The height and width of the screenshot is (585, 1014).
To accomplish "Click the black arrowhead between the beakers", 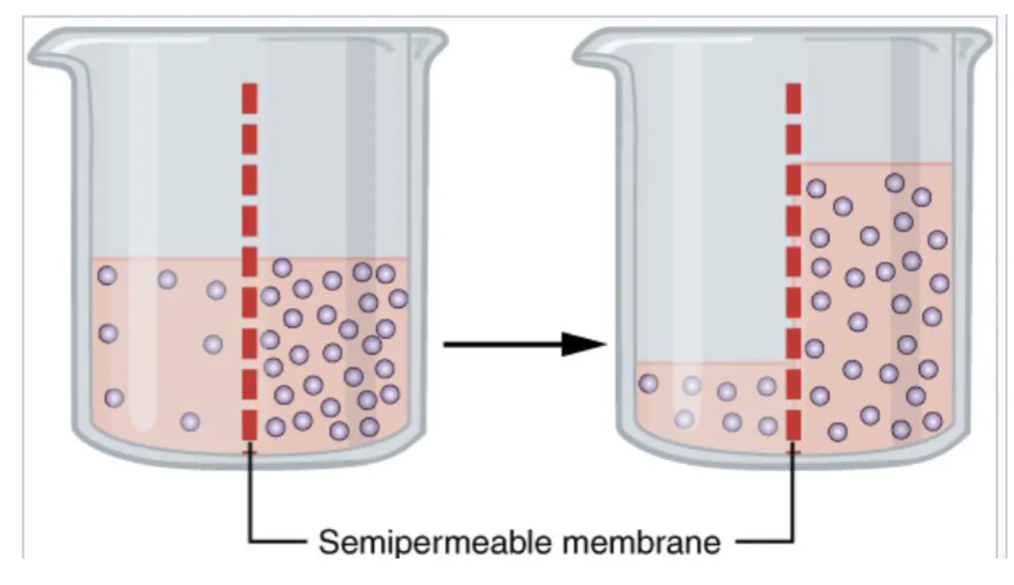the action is (583, 344).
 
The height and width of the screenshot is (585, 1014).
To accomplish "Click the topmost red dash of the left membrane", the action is (250, 97).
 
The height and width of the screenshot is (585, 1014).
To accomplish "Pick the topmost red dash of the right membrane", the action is (794, 97).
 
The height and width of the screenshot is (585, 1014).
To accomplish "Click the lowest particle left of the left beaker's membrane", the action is (189, 422).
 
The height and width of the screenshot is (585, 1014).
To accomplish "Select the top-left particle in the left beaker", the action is (107, 275).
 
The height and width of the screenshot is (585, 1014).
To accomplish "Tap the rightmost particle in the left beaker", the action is (398, 298).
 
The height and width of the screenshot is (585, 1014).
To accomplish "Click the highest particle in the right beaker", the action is (895, 183).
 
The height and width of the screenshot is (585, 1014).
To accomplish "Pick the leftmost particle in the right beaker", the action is (649, 384).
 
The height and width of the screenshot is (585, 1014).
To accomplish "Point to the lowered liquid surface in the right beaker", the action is (711, 362).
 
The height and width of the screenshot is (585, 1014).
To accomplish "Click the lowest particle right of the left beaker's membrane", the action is (339, 430).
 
